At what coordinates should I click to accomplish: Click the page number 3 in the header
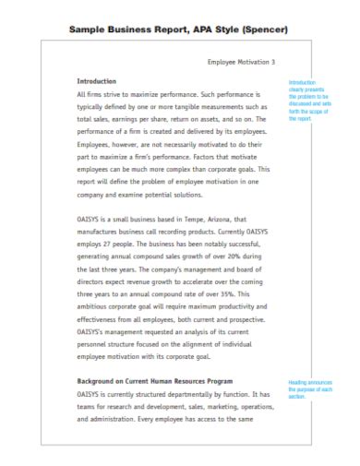click(273, 62)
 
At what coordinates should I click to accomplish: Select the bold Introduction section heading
click(97, 81)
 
